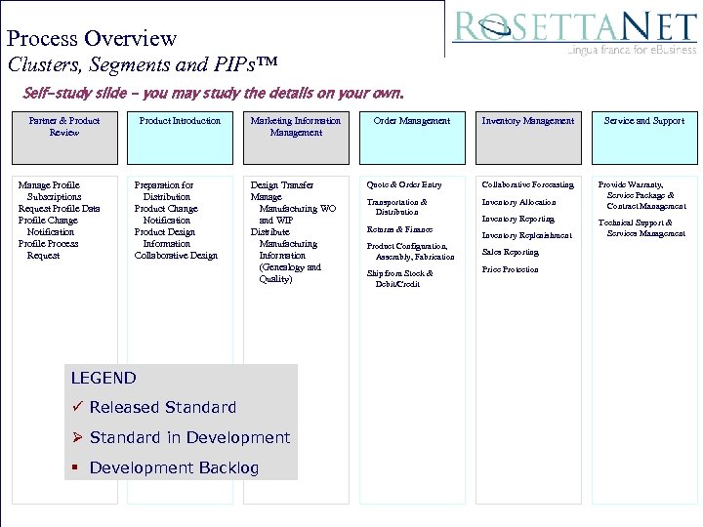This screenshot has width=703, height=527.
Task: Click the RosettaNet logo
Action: (574, 30)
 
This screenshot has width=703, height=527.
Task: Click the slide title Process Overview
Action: (92, 39)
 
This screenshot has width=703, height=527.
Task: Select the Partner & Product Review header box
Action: (64, 137)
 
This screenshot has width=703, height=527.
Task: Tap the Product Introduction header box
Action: (180, 137)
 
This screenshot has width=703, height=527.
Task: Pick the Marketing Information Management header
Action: (296, 137)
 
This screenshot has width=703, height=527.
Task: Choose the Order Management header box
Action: (412, 137)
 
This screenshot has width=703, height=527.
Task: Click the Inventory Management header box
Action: (528, 137)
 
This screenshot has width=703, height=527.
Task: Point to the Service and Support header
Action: (644, 137)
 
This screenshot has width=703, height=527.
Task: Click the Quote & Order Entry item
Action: (404, 184)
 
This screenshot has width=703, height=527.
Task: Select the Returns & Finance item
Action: (399, 229)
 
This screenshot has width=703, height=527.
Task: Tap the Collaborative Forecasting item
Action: (528, 184)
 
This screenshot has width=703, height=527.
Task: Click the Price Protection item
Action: (511, 269)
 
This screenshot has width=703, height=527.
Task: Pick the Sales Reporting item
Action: (511, 252)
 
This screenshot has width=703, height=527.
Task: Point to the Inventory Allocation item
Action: (518, 202)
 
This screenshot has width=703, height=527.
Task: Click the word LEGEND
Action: (103, 378)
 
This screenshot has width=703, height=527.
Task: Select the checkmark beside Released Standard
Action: (77, 407)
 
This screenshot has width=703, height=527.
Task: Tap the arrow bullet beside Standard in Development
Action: (78, 437)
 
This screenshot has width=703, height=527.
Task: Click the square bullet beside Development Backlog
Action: (76, 468)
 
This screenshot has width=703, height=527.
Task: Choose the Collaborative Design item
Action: (176, 256)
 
